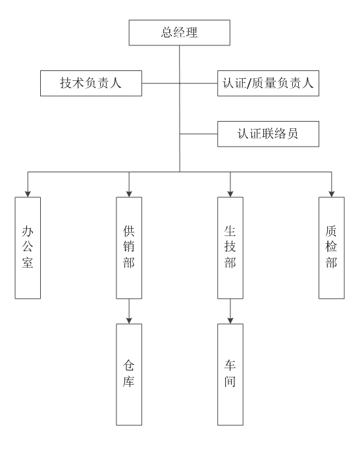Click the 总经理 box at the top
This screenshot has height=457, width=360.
(x=180, y=33)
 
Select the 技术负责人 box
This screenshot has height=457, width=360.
(x=91, y=84)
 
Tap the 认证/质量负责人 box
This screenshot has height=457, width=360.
(x=268, y=84)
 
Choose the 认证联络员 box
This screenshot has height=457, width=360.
(x=268, y=134)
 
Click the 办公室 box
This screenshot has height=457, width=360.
(x=28, y=248)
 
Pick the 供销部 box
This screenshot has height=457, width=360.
(x=129, y=248)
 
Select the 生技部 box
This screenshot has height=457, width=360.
(x=230, y=248)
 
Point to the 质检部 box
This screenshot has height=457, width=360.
(x=332, y=248)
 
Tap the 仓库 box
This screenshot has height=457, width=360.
(x=129, y=375)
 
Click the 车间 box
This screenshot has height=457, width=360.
(x=230, y=375)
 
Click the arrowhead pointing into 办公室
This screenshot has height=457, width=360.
(x=28, y=194)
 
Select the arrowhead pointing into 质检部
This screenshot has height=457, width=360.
(x=332, y=194)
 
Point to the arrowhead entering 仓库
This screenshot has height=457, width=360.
(x=129, y=321)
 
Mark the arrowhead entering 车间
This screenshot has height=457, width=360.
(x=230, y=321)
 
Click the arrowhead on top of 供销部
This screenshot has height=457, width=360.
(x=129, y=194)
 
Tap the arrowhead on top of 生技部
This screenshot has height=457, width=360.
(x=230, y=194)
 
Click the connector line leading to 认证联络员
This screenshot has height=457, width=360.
(x=199, y=134)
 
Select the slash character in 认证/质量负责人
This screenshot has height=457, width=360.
(x=249, y=84)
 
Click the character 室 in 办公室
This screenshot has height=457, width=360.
(x=28, y=262)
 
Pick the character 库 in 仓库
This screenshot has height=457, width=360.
(x=128, y=381)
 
